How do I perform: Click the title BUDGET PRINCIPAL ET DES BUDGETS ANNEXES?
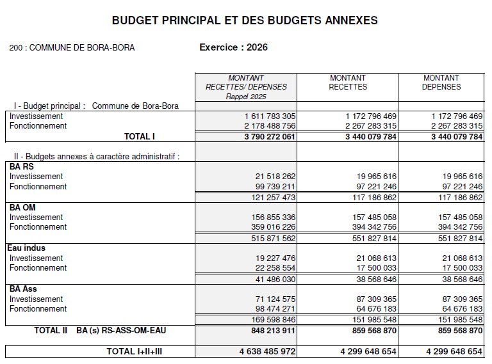(245, 20)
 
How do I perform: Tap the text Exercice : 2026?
(233, 47)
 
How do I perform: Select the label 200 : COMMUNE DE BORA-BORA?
(72, 48)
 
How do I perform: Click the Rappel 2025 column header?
(246, 87)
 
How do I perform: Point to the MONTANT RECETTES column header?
(348, 82)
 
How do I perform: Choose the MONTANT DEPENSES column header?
(441, 82)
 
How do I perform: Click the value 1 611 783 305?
(270, 116)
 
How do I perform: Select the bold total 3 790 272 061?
(269, 136)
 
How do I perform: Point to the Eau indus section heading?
(26, 248)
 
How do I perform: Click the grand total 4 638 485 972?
(267, 351)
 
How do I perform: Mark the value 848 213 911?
(269, 330)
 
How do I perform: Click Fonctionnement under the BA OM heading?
(38, 227)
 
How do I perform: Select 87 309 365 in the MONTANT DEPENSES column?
(457, 299)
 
